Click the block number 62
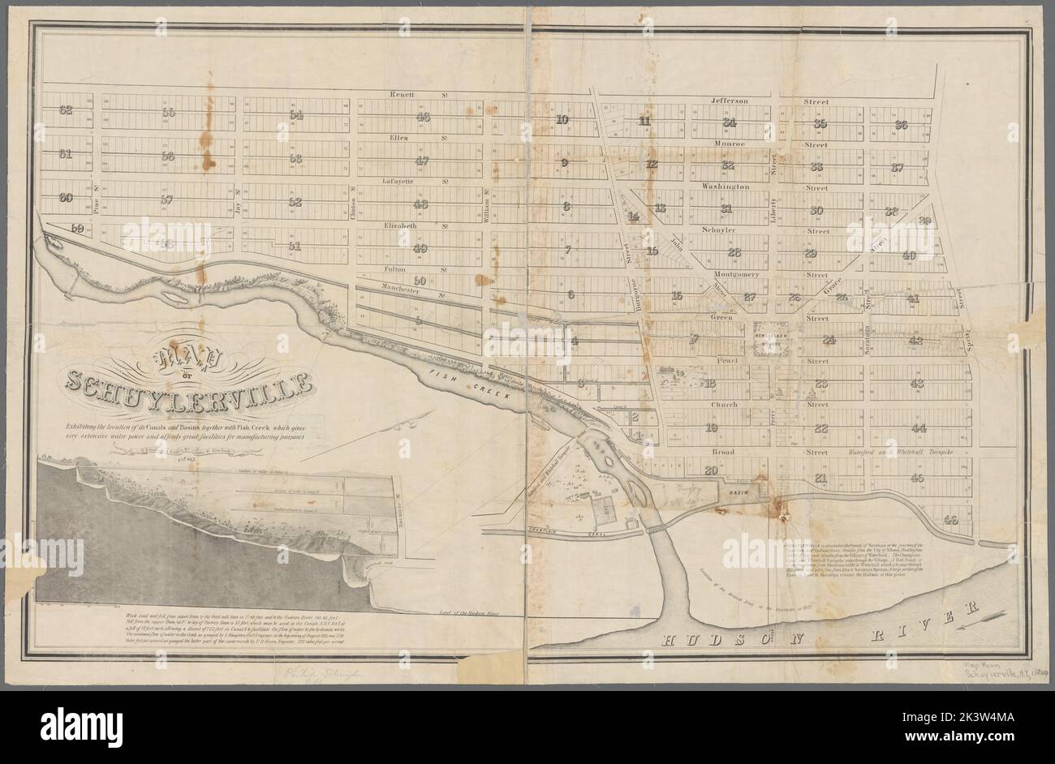[66, 111]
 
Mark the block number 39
[924, 221]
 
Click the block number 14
[633, 217]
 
